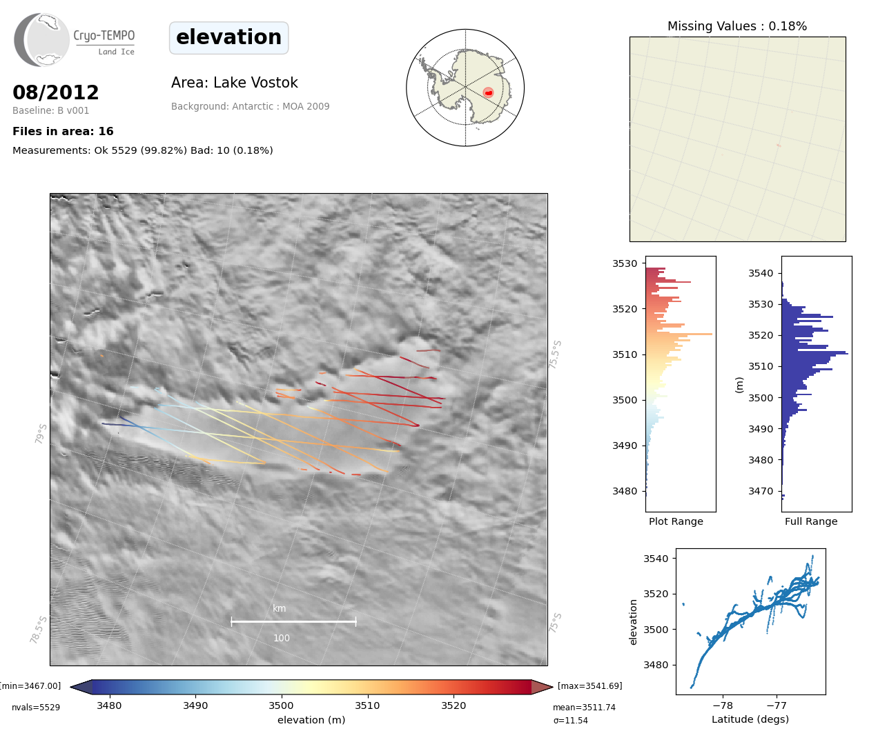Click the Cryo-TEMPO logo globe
coord(43,40)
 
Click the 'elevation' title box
coord(228,37)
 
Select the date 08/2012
coord(56,92)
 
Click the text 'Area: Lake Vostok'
coord(234,83)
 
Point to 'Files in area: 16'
coord(63,132)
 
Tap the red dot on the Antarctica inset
coord(488,92)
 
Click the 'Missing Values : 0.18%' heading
coord(736,26)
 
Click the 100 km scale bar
coord(293,621)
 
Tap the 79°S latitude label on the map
coord(41,434)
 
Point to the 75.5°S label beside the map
coord(556,354)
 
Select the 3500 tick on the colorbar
coord(281,705)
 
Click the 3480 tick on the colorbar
coord(109,705)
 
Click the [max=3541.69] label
coord(589,686)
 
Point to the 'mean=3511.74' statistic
coord(583,708)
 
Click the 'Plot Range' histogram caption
coord(676,521)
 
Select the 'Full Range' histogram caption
coord(810,521)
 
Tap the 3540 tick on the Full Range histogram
coord(761,273)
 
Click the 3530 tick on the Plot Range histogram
coord(625,263)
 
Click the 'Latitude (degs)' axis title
coord(750,719)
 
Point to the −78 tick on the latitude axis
coord(722,705)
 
